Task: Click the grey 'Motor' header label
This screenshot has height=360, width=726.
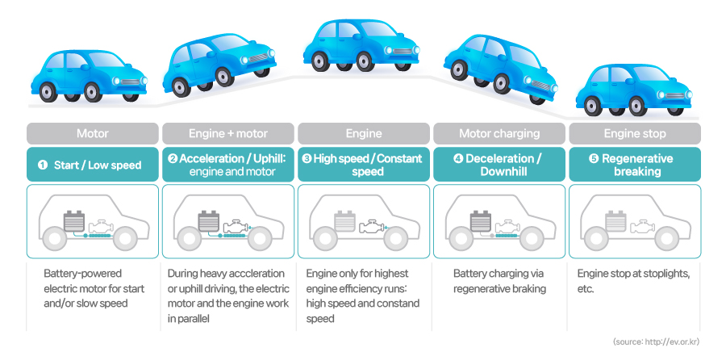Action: click(x=92, y=133)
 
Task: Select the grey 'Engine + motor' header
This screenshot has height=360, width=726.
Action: click(x=227, y=133)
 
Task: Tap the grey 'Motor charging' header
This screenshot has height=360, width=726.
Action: click(x=499, y=133)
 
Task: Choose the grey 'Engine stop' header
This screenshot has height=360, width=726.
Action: click(x=634, y=133)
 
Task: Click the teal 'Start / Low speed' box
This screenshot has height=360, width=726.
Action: click(x=92, y=165)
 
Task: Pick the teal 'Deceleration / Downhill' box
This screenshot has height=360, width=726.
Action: click(x=499, y=165)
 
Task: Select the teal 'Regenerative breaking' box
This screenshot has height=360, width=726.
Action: click(x=634, y=165)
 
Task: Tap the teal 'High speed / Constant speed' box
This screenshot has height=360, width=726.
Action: click(x=363, y=165)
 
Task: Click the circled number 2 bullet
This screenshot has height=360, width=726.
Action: click(x=173, y=158)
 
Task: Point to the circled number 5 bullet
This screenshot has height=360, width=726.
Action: click(x=594, y=158)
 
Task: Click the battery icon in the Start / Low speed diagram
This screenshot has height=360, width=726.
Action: click(x=75, y=220)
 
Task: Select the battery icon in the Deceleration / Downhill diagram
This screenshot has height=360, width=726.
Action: click(x=482, y=220)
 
